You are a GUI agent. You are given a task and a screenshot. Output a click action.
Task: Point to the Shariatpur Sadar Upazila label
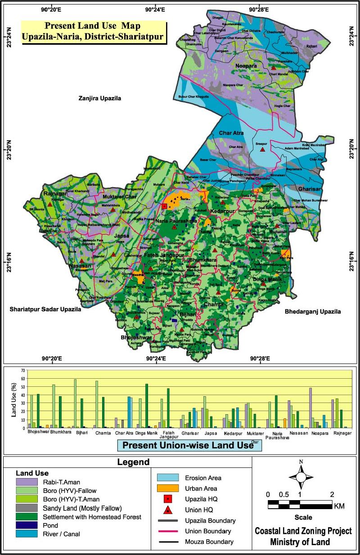coord(45,309)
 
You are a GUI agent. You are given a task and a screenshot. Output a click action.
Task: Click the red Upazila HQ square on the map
coord(164,206)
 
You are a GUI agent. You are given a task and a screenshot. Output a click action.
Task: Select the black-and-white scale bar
coord(300,504)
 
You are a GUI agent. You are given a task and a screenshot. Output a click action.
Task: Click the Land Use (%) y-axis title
coord(13,398)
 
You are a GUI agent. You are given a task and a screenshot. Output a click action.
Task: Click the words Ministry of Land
coord(300,542)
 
